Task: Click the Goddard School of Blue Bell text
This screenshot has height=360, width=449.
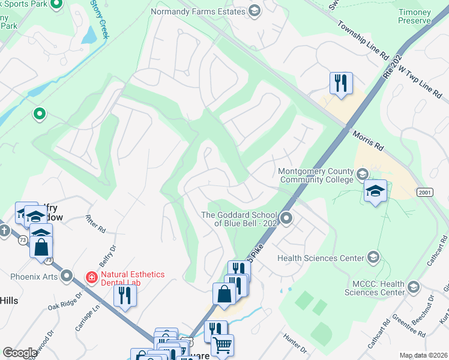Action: (x=238, y=219)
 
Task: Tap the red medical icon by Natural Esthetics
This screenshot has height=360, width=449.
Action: (x=91, y=277)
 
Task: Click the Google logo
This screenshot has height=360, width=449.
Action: (x=20, y=353)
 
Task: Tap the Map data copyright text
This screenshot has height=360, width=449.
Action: (x=423, y=355)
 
